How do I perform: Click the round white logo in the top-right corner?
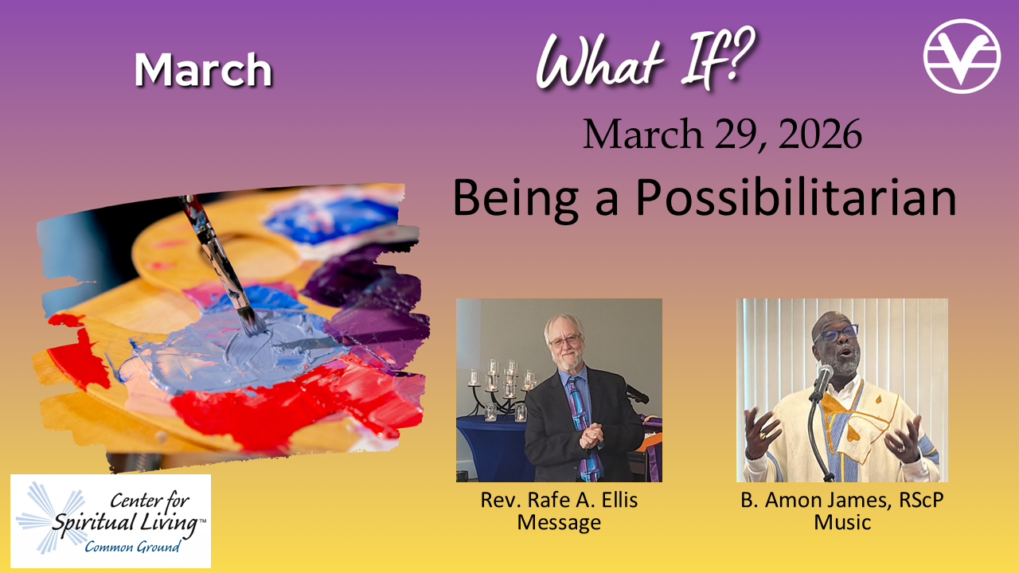coord(962,56)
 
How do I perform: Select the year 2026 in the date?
coord(820,134)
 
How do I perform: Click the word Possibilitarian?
coord(796,199)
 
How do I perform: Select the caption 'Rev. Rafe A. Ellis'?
coord(559,501)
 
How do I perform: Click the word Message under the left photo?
coord(559,522)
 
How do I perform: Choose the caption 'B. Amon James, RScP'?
coord(842,501)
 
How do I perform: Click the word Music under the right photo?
coord(842,522)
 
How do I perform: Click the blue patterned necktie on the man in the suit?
coord(584,427)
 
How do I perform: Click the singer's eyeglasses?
coord(837,333)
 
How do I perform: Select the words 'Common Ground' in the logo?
coord(132,546)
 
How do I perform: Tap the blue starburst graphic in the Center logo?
coord(51,518)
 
